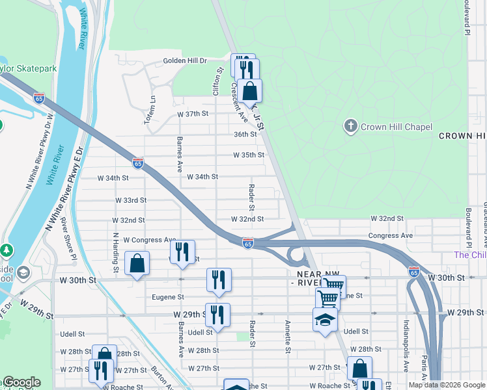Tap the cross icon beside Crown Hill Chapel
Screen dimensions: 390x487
click(x=351, y=126)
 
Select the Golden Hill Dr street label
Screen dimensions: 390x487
click(x=184, y=60)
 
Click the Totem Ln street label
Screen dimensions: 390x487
click(x=154, y=110)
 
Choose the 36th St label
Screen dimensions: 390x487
click(x=245, y=135)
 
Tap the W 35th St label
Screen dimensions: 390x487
click(x=249, y=155)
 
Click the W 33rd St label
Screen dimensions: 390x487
click(x=130, y=200)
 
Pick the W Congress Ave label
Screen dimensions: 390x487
click(x=150, y=240)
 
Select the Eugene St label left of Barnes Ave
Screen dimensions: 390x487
click(x=168, y=297)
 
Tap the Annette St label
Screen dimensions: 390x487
click(x=287, y=336)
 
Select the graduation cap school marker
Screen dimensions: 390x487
click(x=326, y=320)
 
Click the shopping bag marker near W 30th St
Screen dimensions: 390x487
click(x=137, y=263)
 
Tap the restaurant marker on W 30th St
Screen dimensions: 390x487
click(x=219, y=279)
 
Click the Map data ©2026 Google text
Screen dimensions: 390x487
click(x=447, y=385)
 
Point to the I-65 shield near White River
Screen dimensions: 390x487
click(x=39, y=97)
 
